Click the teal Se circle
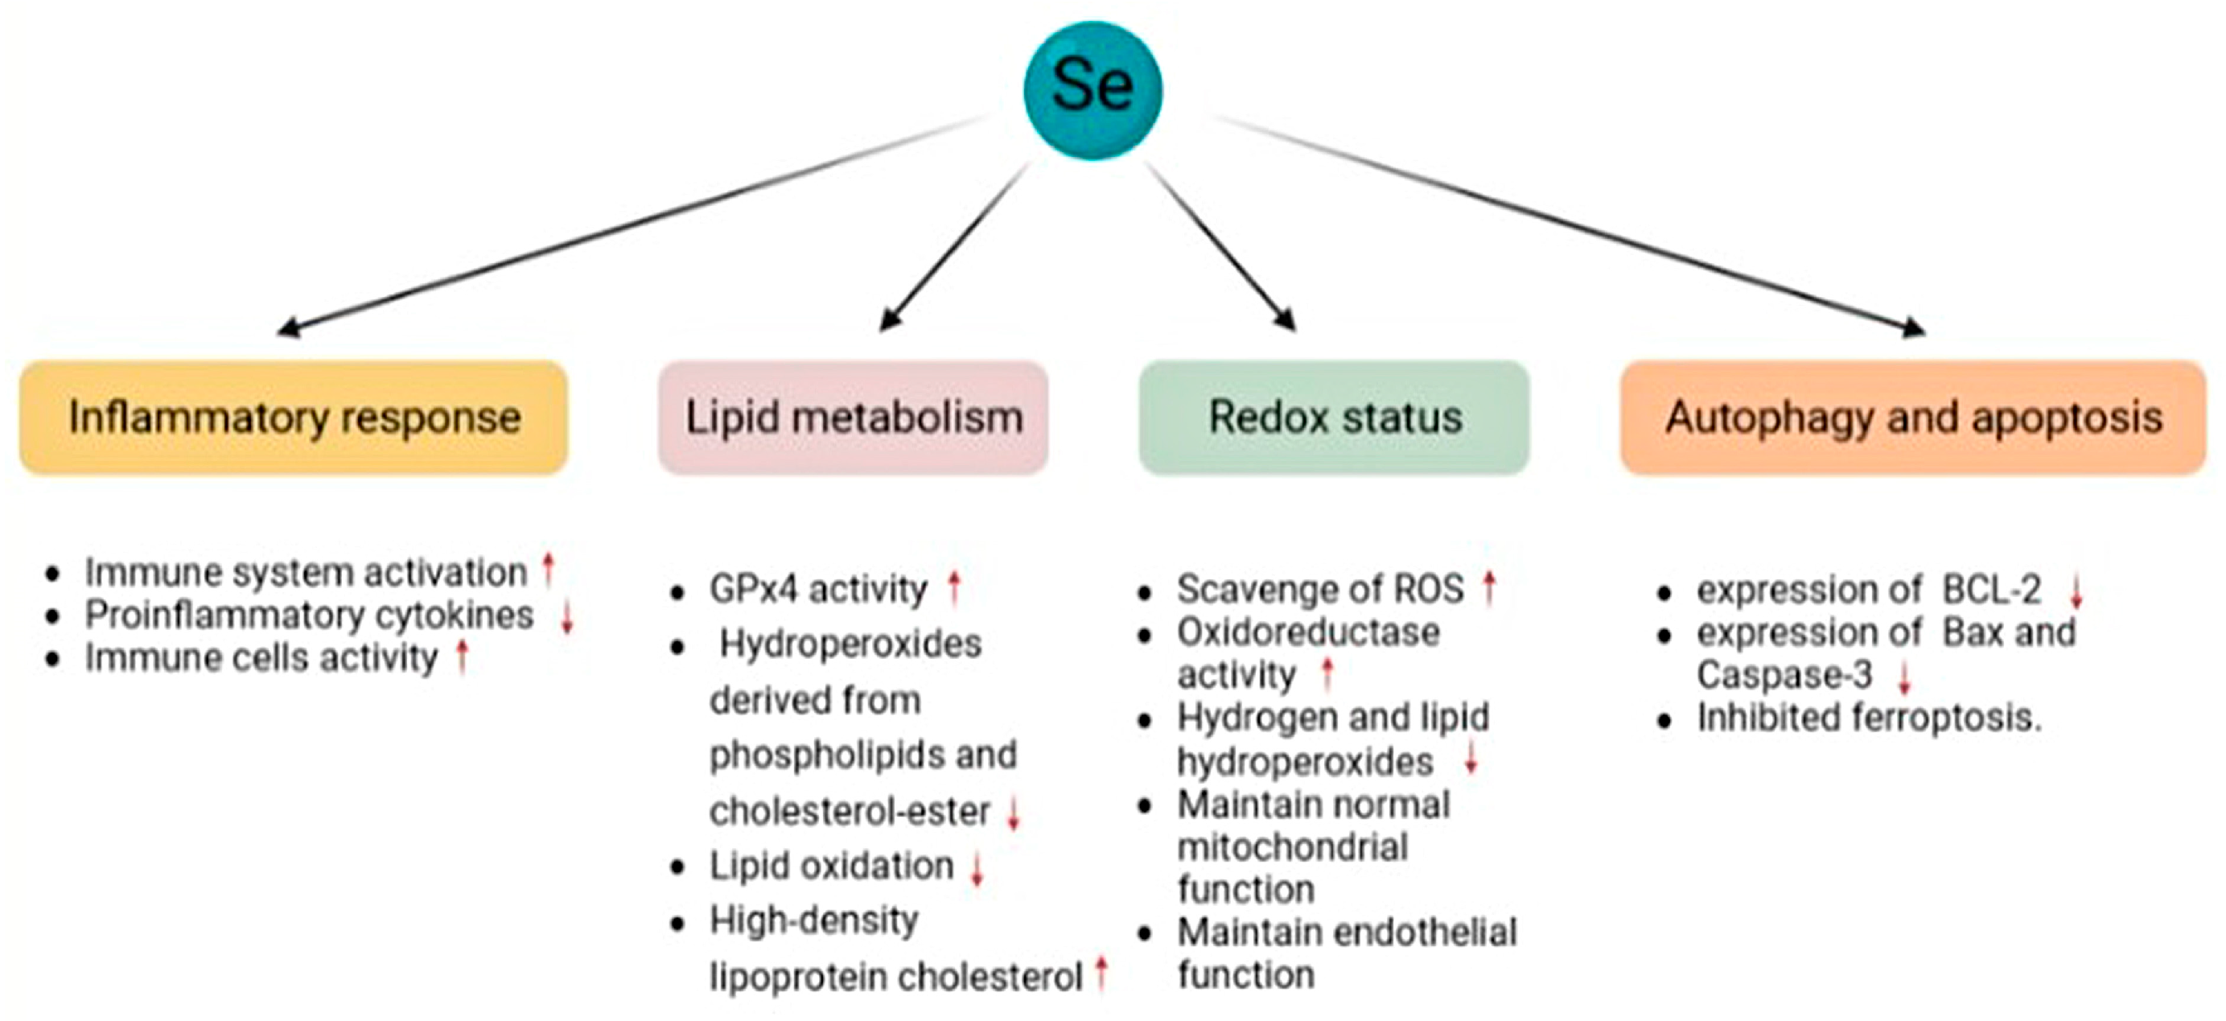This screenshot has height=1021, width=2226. pyautogui.click(x=1093, y=90)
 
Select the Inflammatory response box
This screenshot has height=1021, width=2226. pyautogui.click(x=294, y=418)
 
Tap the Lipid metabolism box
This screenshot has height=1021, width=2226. pyautogui.click(x=853, y=418)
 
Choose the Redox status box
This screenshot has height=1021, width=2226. pyautogui.click(x=1334, y=418)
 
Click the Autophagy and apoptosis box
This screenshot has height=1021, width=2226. pyautogui.click(x=1913, y=418)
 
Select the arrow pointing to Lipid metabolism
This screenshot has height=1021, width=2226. pyautogui.click(x=955, y=246)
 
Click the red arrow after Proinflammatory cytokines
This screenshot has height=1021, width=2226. pyautogui.click(x=567, y=617)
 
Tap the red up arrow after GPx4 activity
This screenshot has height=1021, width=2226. pyautogui.click(x=954, y=588)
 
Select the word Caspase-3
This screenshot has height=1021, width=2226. pyautogui.click(x=1784, y=675)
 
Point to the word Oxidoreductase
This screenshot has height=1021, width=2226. pyautogui.click(x=1308, y=632)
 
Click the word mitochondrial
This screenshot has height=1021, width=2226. pyautogui.click(x=1292, y=846)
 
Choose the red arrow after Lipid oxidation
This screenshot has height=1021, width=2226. pyautogui.click(x=977, y=868)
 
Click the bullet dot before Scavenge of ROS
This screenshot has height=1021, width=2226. pyautogui.click(x=1145, y=592)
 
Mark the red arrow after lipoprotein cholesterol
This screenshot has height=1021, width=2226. pyautogui.click(x=1101, y=974)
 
